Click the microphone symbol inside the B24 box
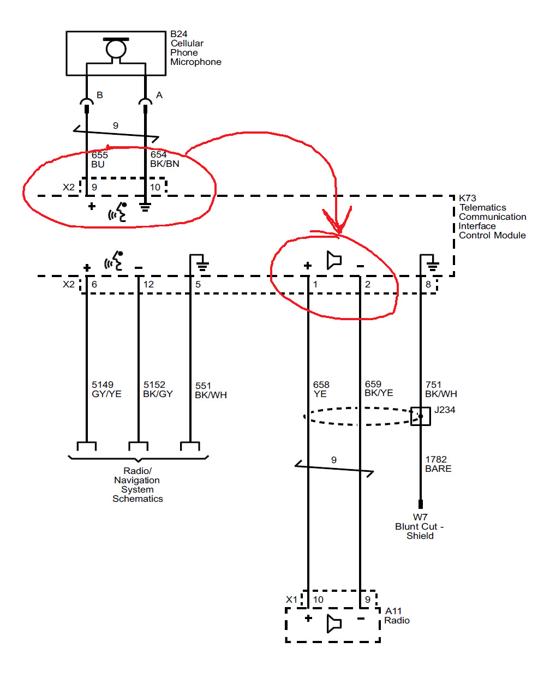[x=116, y=49]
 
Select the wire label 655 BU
[x=99, y=160]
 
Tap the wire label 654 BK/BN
[x=164, y=159]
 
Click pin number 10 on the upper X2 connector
[x=155, y=188]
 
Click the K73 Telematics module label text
[x=492, y=217]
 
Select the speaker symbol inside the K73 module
[x=334, y=260]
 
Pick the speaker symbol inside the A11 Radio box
[x=334, y=623]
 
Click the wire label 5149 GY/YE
[x=106, y=389]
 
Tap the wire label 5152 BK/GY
[x=158, y=389]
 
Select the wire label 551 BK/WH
[x=211, y=391]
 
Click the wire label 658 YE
[x=321, y=389]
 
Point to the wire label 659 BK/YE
[x=379, y=389]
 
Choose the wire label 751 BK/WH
[x=441, y=389]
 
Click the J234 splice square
[x=420, y=416]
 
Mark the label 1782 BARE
[x=438, y=464]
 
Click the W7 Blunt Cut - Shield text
[x=420, y=526]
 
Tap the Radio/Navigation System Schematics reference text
[x=137, y=485]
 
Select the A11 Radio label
[x=397, y=616]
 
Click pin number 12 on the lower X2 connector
[x=148, y=285]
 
